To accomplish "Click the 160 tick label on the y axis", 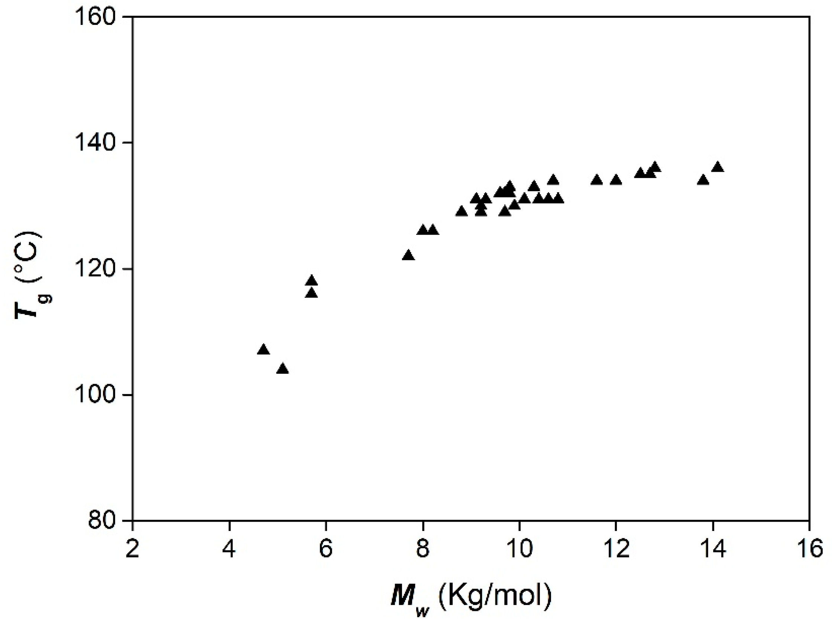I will (x=100, y=18).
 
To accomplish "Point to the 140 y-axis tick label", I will (x=100, y=144).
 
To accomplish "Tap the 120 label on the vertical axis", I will (x=100, y=270).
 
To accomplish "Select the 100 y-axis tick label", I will (x=100, y=396).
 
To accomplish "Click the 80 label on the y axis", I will (x=106, y=521).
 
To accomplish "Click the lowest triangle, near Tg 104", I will (x=282, y=369).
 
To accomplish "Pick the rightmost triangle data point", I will (x=718, y=167).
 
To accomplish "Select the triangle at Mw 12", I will (x=616, y=180).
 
